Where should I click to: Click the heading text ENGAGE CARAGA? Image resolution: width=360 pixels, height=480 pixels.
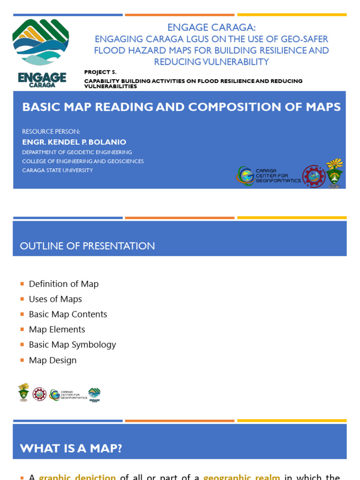point(211,28)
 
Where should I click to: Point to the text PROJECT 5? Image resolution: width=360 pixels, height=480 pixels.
point(100,72)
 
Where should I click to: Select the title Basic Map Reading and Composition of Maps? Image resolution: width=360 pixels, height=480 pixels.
point(181,106)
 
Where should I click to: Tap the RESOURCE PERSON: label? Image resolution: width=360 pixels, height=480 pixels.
point(51,131)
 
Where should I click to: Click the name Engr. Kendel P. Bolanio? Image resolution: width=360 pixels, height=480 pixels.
point(74,142)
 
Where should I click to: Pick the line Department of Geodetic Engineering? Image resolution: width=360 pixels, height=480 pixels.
point(77,152)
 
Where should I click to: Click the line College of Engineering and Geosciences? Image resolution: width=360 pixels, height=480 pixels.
point(83,161)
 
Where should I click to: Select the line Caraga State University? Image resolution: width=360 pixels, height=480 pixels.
point(58,170)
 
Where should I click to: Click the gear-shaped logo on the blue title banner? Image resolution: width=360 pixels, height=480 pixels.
point(314,176)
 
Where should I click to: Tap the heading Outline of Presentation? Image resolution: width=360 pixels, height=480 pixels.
point(87,246)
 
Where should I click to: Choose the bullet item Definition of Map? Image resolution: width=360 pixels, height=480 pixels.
point(64,284)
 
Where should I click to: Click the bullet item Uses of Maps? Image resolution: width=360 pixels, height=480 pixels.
point(55,299)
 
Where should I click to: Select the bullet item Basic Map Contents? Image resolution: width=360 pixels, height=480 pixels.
point(68,314)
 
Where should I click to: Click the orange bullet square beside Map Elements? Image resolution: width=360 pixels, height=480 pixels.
point(22,330)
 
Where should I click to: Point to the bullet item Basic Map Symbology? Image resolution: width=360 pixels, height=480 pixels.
point(72,345)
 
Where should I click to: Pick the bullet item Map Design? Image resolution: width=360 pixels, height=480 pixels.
point(52,360)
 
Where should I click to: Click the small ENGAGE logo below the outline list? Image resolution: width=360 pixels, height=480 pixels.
point(94,394)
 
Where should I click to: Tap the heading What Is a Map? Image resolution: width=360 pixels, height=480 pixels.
point(71,448)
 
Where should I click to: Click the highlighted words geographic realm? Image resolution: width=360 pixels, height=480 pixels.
point(241,477)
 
